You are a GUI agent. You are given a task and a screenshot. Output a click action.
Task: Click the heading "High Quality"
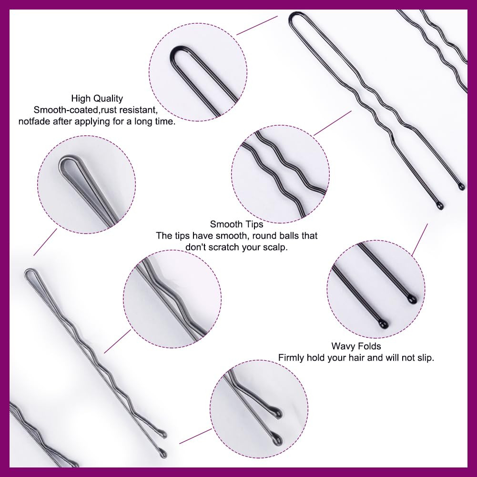(x=97, y=99)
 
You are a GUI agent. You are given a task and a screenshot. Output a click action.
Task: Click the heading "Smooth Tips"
(x=236, y=224)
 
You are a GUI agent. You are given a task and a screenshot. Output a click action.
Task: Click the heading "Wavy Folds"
(x=356, y=346)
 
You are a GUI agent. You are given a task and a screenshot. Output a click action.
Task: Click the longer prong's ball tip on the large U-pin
(x=439, y=206)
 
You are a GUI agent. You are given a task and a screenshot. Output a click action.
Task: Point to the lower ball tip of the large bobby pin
(x=163, y=453)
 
